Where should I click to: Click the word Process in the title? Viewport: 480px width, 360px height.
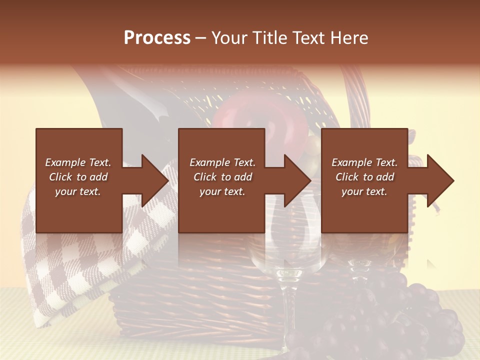click(x=157, y=38)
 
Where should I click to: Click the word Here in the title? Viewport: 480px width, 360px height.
click(x=349, y=38)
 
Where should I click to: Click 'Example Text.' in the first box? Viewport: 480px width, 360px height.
click(x=78, y=162)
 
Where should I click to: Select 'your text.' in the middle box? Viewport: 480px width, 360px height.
click(x=222, y=191)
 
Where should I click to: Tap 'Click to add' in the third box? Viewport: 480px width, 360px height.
click(x=364, y=177)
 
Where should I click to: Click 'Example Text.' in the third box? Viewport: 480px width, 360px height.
click(x=364, y=162)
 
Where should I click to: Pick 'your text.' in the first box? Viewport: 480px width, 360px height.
click(x=78, y=191)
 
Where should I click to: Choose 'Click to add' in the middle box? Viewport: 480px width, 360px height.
click(x=222, y=177)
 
